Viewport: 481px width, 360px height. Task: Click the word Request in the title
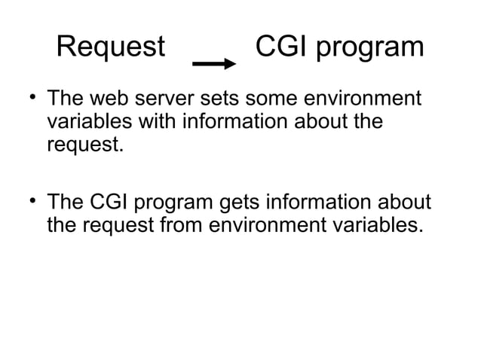tap(111, 48)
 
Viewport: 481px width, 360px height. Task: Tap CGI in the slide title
tap(282, 48)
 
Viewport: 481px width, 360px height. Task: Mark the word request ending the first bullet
tap(82, 143)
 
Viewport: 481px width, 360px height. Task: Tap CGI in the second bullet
tap(110, 203)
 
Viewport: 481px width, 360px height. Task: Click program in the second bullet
tap(174, 204)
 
